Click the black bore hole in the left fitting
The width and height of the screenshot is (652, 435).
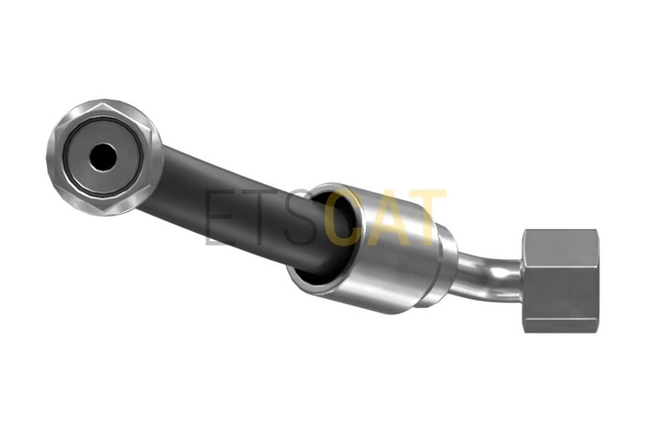[102, 157]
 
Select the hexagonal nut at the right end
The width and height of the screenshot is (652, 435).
[561, 281]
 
